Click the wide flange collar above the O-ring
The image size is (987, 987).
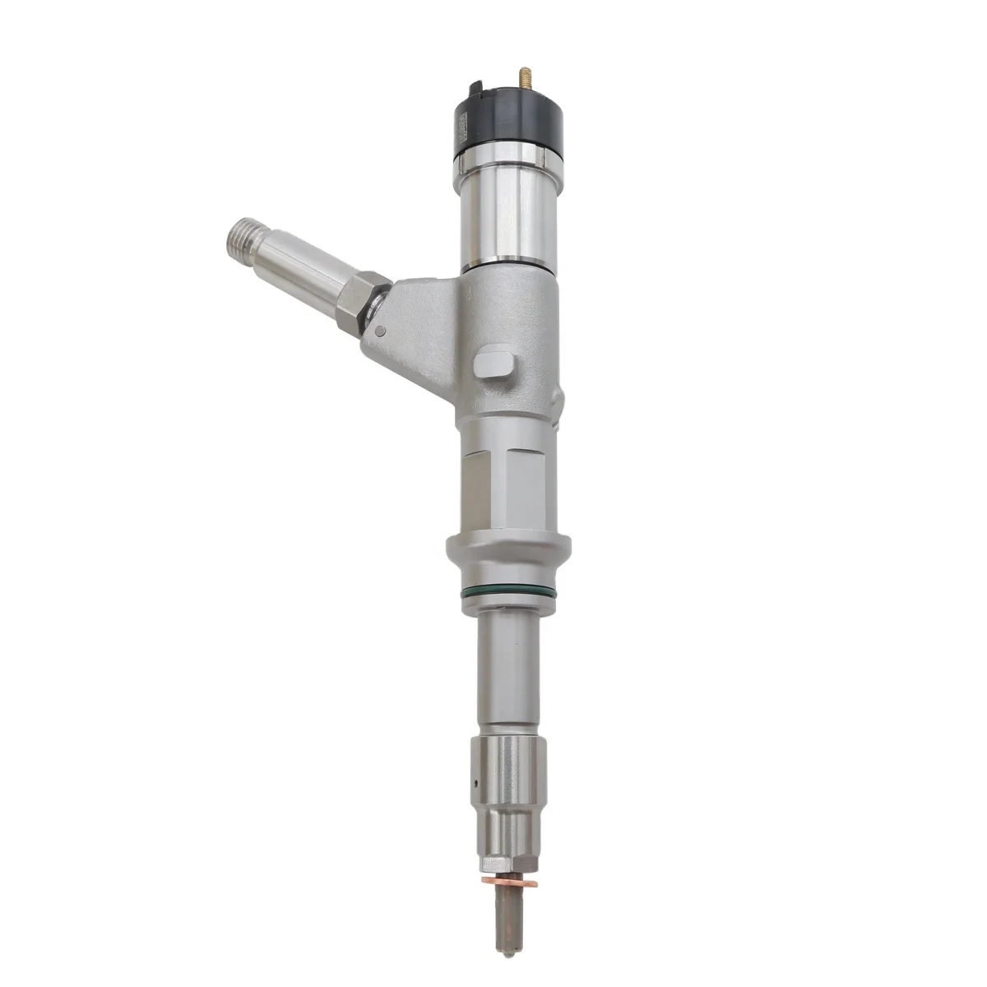tap(506, 552)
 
